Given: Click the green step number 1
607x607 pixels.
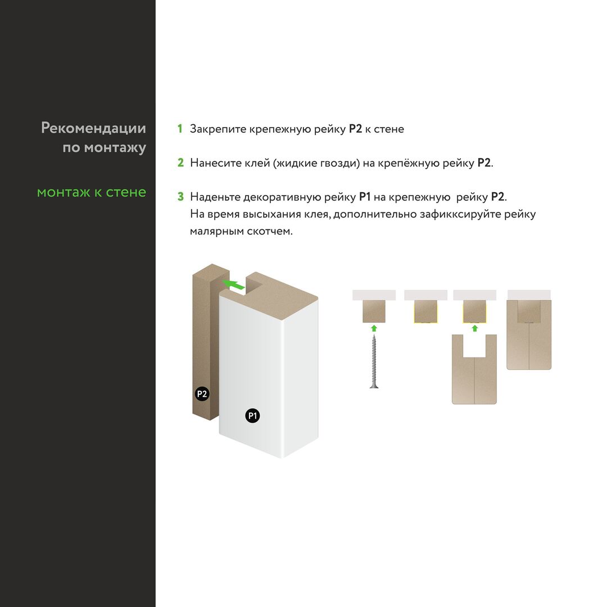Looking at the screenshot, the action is [180, 129].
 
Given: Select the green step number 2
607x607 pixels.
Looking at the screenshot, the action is [180, 162].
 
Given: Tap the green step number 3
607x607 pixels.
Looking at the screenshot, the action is [180, 197].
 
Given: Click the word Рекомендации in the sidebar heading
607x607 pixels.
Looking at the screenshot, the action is [93, 128].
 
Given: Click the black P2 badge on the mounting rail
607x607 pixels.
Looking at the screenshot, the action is [202, 394].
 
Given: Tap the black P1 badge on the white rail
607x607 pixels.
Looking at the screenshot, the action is [252, 416].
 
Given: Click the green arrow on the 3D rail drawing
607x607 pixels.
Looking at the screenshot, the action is [233, 284].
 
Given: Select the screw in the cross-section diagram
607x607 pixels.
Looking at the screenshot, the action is [374, 361].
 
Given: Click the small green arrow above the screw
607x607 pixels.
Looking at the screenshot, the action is [374, 328].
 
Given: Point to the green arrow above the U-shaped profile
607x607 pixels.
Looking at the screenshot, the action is [474, 328].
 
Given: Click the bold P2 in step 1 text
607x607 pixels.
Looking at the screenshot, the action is [355, 129].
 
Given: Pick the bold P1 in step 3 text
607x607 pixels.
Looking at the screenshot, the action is [365, 197].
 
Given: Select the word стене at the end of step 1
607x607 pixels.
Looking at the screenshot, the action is [389, 129].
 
